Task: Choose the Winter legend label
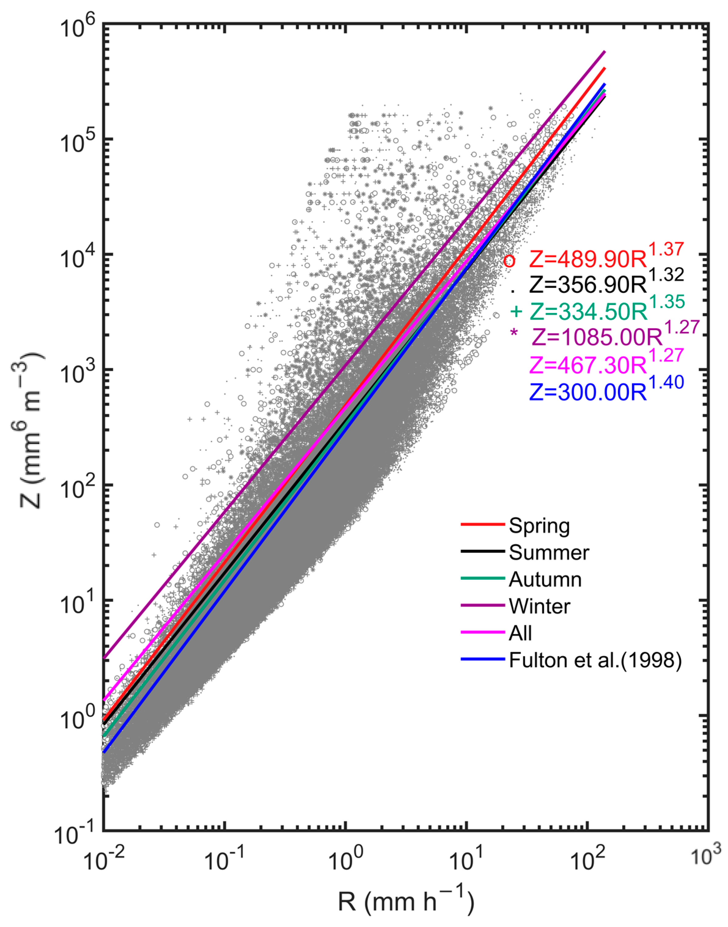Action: [539, 607]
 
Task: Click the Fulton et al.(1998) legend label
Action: [595, 660]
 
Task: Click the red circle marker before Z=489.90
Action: [509, 261]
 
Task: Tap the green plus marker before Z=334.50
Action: [516, 312]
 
